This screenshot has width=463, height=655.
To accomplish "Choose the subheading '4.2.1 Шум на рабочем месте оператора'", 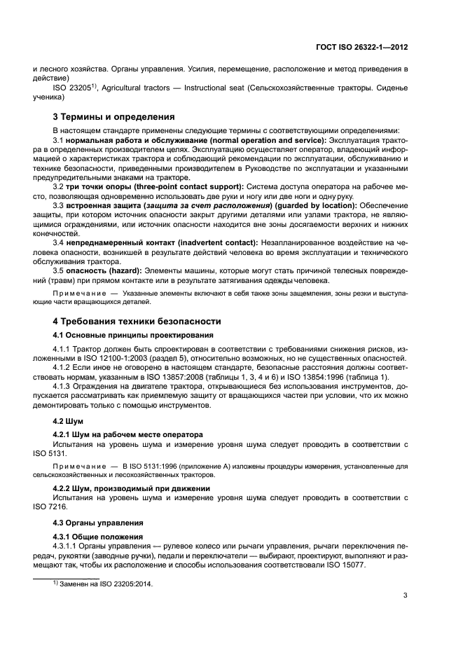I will click(x=128, y=434).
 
